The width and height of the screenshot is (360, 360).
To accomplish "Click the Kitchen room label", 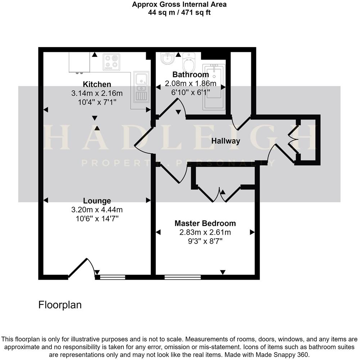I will coord(97,85).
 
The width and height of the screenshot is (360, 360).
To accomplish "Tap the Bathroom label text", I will coord(190,75).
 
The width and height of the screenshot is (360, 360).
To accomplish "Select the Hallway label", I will coord(225,141).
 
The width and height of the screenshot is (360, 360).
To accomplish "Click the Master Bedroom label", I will coord(205,223).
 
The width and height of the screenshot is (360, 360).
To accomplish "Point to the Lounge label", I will coord(97,201).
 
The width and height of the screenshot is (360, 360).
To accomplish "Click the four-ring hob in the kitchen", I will coord(111,62).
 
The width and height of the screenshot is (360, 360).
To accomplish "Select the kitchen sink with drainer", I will coord(141,87).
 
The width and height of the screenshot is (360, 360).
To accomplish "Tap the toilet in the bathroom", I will coord(188,63).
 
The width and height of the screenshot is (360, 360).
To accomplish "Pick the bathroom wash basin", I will coord(167,59).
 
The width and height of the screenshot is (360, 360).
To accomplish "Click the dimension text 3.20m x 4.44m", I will coord(97,210).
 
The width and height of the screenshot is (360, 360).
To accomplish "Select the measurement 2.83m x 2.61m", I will coord(205,232).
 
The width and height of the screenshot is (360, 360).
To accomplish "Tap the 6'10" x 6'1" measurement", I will coord(190,92).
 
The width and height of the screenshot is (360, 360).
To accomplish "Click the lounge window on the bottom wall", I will coord(112,277).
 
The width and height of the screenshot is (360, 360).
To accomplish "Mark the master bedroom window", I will coord(183,277).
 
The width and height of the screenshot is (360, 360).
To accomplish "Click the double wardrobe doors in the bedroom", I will coord(219,194).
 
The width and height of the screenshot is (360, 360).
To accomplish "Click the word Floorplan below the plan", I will coord(60,305).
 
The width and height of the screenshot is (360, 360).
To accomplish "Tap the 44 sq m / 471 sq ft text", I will coord(180,12).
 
